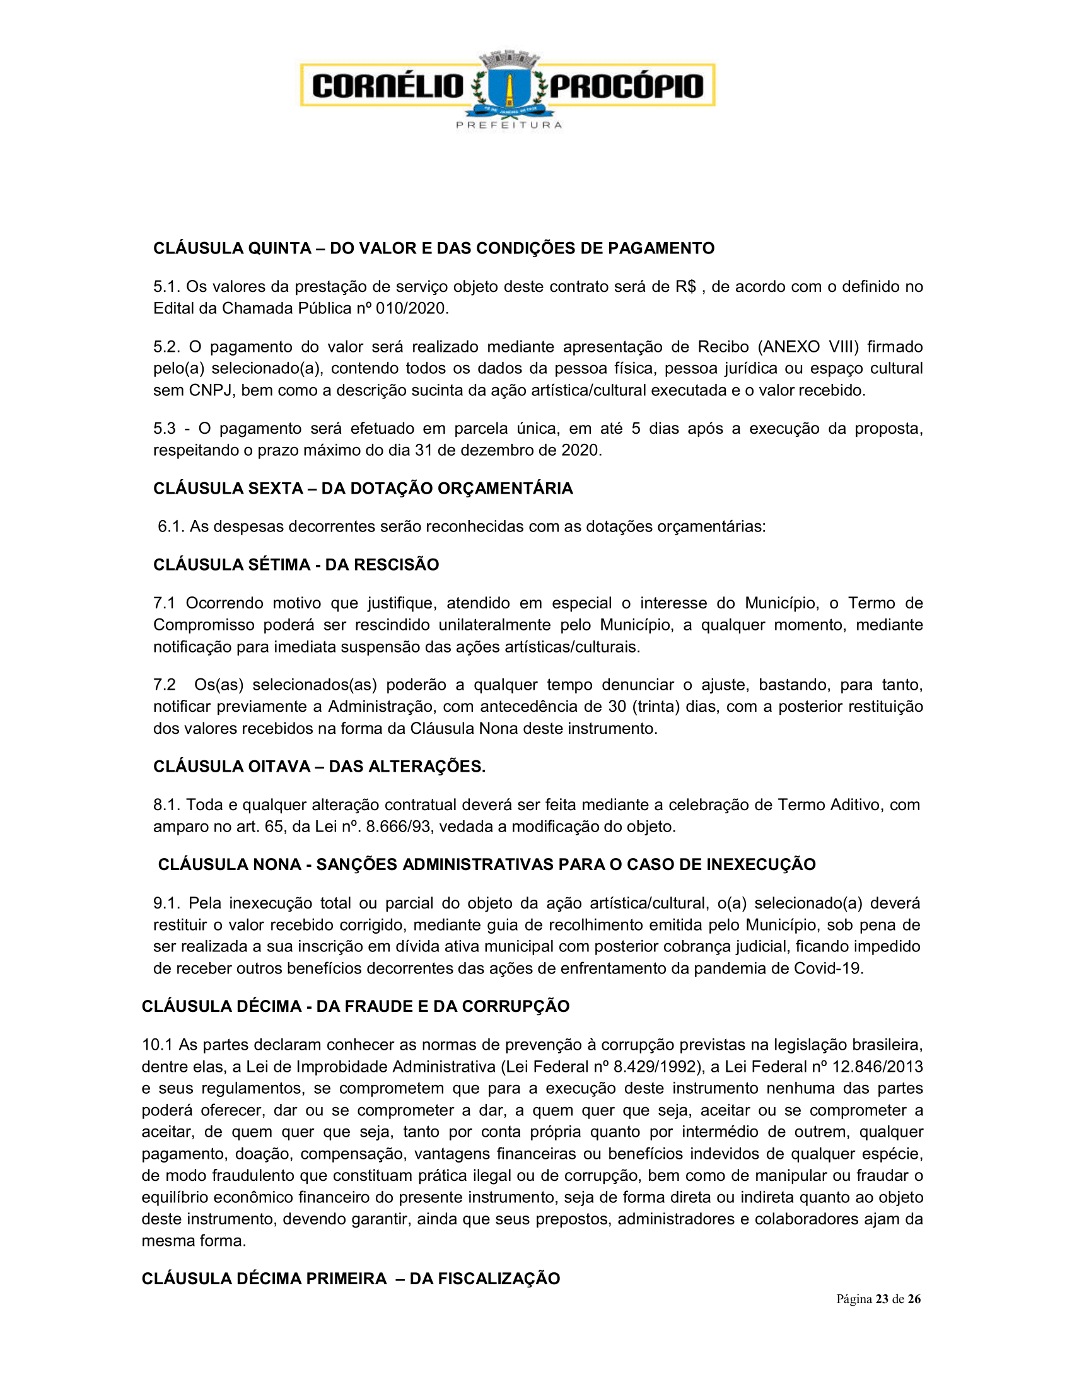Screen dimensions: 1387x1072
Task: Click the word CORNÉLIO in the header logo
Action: [388, 86]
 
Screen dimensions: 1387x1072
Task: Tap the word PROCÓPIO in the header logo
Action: [626, 86]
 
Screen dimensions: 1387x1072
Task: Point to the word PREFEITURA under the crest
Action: [509, 125]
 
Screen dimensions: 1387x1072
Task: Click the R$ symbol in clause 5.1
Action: [685, 287]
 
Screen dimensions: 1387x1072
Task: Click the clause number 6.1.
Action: [171, 526]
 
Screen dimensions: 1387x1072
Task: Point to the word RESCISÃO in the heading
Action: [382, 565]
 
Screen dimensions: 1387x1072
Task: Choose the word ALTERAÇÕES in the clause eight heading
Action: [407, 767]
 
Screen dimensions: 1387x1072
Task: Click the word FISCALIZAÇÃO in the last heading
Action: [484, 1279]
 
